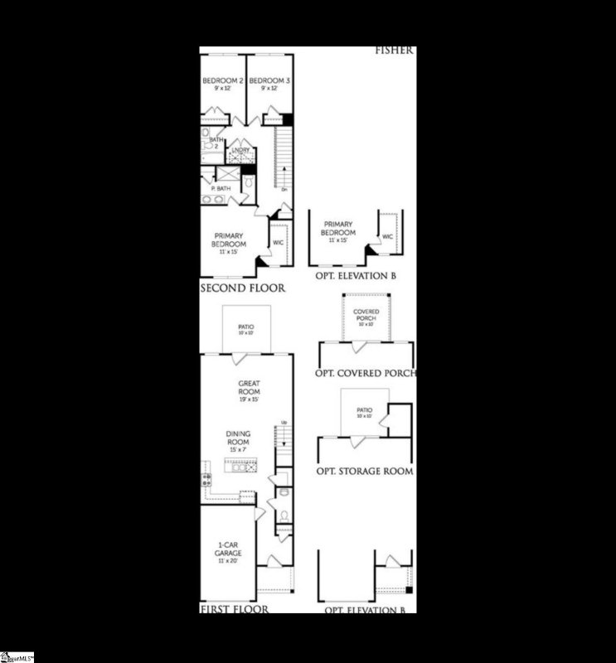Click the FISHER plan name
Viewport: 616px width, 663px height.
[x=394, y=50]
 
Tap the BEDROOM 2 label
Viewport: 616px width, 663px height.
[x=222, y=81]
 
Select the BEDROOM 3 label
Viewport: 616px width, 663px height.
[x=269, y=81]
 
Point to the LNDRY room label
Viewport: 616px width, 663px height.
[x=241, y=150]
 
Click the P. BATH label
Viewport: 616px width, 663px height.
[x=221, y=190]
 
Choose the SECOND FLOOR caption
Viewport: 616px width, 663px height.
[x=243, y=288]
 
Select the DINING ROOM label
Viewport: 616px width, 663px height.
[x=239, y=438]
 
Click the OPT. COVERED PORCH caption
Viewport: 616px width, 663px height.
[x=366, y=373]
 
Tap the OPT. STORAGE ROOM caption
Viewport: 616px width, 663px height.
[x=366, y=471]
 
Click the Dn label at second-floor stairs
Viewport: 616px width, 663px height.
[x=284, y=189]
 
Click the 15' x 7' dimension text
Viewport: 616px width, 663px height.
[x=239, y=450]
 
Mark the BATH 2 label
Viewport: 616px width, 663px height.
[x=216, y=143]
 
